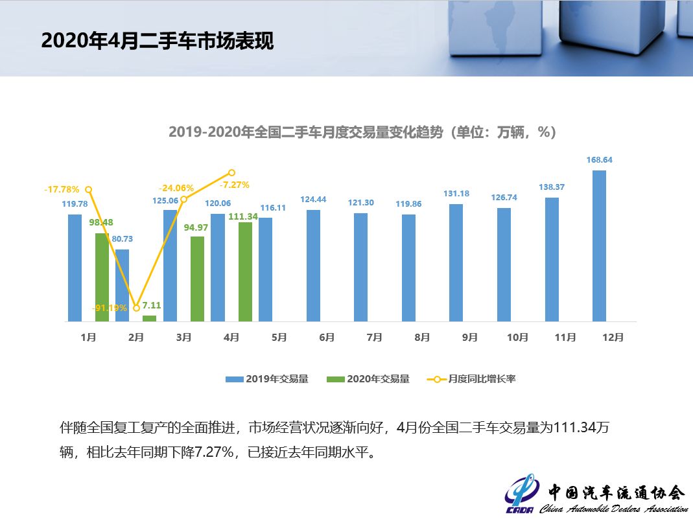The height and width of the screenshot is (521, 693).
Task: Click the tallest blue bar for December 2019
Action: coord(599,246)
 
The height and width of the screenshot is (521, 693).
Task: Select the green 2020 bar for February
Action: coord(149,318)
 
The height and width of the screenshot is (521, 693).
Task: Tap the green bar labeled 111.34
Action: coord(245,272)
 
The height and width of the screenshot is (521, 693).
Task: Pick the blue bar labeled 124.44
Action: coord(313,265)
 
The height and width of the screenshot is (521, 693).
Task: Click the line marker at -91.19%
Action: coord(136,308)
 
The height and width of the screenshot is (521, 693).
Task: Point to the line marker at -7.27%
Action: coord(231,173)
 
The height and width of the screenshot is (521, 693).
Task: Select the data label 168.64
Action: coord(599,159)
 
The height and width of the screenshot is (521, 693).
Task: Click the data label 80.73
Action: coord(123,239)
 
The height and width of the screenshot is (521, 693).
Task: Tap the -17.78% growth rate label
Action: coord(62,189)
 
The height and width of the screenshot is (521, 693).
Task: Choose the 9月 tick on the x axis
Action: coord(470,338)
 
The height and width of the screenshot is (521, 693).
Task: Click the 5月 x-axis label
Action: coord(279,338)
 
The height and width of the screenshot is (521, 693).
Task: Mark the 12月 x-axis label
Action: coord(613,338)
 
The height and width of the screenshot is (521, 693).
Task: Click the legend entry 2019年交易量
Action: coord(266,379)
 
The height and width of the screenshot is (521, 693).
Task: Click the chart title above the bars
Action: coord(362,132)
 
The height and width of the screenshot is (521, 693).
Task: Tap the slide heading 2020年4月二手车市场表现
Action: coord(158,41)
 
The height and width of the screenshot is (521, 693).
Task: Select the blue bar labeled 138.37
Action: coord(552,259)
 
